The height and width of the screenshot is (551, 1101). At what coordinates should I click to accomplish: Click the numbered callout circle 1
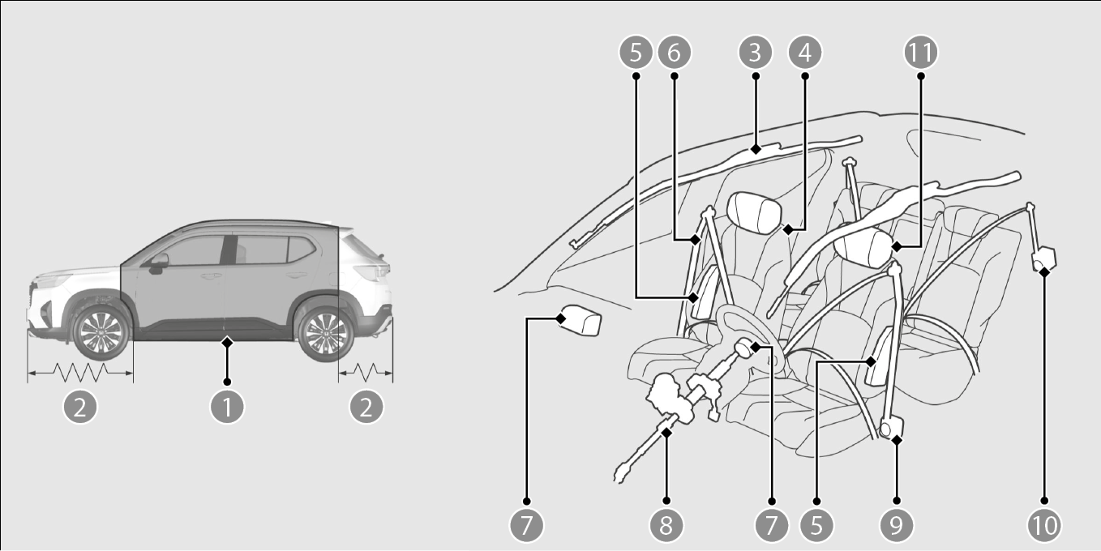click(x=227, y=407)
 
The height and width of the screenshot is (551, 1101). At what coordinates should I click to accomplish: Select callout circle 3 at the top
click(x=756, y=52)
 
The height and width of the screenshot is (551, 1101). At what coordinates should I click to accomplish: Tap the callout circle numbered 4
click(x=804, y=52)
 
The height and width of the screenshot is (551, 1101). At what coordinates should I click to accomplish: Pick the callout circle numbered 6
click(x=675, y=52)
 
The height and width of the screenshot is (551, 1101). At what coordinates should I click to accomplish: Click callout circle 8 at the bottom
click(x=666, y=525)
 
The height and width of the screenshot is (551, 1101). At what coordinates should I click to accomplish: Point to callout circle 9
click(x=897, y=525)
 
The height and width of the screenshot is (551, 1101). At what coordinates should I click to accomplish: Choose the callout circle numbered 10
click(x=1044, y=525)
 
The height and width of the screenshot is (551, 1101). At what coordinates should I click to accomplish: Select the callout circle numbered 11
click(x=921, y=52)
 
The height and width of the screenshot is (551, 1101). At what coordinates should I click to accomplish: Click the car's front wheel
click(x=101, y=332)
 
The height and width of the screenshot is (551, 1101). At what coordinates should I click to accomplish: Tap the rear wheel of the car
click(x=326, y=333)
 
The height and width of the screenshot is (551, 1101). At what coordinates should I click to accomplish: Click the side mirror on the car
click(x=158, y=263)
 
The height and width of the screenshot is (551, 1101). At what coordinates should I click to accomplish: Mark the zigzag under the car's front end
click(x=80, y=373)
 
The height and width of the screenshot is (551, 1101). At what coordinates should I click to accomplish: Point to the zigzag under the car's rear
click(x=365, y=373)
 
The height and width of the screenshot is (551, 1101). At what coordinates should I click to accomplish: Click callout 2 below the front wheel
click(x=80, y=407)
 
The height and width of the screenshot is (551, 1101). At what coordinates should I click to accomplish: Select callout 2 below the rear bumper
click(x=366, y=407)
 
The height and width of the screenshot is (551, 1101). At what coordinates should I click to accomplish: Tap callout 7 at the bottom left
click(x=526, y=525)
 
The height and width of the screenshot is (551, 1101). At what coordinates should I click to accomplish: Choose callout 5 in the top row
click(x=636, y=52)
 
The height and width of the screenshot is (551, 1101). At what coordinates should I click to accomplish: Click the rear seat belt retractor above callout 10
click(x=1043, y=258)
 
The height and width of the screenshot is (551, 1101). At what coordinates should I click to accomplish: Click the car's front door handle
click(x=211, y=276)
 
